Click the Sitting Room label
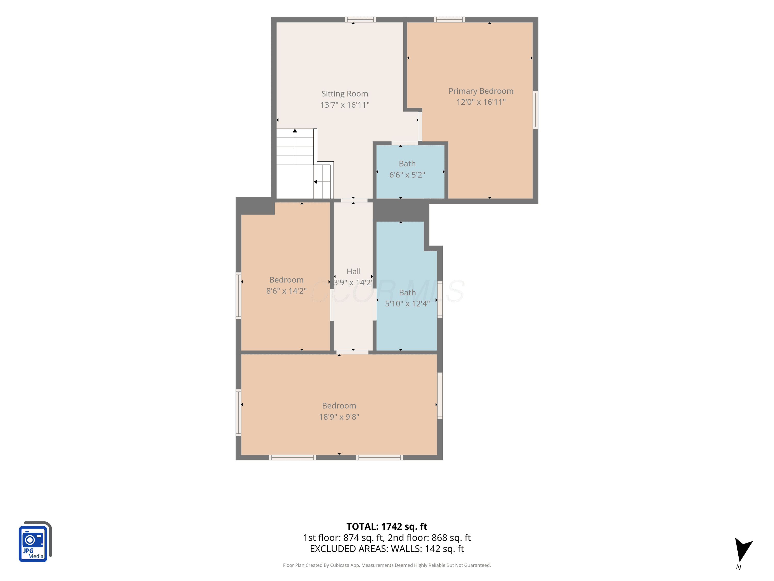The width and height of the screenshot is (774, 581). tap(345, 94)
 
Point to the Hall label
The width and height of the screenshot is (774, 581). tap(353, 271)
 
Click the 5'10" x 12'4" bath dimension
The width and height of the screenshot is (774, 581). tap(407, 304)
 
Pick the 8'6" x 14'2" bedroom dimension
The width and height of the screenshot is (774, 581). tap(286, 291)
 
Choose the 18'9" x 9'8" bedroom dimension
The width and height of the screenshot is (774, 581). tap(339, 417)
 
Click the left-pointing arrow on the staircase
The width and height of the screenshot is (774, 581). tap(322, 182)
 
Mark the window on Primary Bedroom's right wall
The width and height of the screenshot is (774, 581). tap(535, 110)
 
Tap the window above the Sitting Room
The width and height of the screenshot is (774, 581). tap(360, 20)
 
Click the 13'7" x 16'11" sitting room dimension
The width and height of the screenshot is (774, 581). tap(345, 105)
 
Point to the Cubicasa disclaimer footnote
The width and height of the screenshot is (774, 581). tap(387, 565)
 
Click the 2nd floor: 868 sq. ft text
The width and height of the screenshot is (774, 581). tap(429, 538)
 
